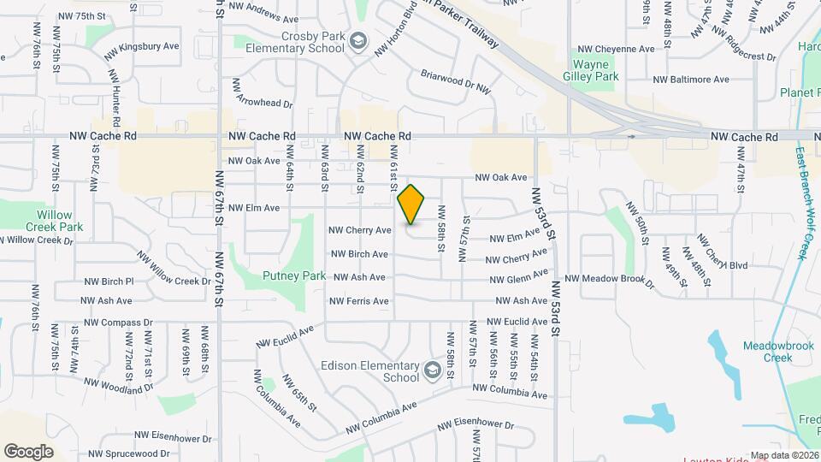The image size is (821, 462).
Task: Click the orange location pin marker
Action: coord(411,204)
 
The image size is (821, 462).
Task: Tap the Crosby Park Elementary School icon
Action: coord(357,41)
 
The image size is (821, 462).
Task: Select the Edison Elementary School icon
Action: coord(432,371)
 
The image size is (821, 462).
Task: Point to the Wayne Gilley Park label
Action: coord(596,69)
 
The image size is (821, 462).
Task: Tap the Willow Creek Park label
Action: coord(60,221)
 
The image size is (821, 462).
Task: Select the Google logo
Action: coord(28,451)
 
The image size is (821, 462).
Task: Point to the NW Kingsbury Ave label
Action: coord(141,48)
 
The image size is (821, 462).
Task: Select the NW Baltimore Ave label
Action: coord(690,80)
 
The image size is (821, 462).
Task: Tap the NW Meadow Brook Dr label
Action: coord(608,278)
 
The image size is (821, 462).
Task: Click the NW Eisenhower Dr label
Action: coord(475,425)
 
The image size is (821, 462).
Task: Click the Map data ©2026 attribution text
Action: coord(784,455)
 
